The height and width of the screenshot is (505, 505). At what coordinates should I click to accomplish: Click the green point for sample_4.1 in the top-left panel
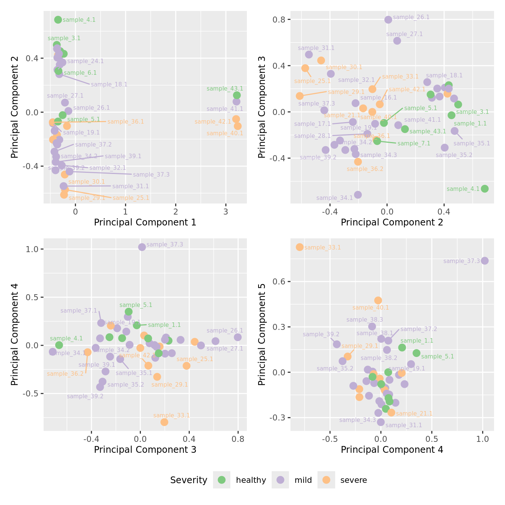coord(58,20)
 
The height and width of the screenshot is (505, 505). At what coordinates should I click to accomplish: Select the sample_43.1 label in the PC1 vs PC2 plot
coord(225,89)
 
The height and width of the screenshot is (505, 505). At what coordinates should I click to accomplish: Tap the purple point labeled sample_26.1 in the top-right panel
coord(388,20)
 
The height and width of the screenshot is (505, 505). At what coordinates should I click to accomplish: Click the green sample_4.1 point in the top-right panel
coord(485,189)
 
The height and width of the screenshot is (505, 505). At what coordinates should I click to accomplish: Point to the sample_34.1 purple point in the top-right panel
coord(358,195)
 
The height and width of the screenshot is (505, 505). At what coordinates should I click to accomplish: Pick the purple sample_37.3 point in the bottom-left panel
coord(142,247)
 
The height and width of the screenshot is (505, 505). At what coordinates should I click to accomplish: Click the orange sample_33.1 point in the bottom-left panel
coord(164,422)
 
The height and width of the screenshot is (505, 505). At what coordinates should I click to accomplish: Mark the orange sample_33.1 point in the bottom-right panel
coord(299,247)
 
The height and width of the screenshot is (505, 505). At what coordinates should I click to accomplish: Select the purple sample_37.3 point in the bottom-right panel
coord(485,261)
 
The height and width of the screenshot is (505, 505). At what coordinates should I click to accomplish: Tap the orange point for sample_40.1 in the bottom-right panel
coord(378,300)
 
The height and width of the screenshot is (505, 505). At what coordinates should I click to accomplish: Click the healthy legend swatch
coord(222,480)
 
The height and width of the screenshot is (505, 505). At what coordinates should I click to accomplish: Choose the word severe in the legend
coord(353,480)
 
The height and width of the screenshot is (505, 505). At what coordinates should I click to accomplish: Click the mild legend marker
coord(280,480)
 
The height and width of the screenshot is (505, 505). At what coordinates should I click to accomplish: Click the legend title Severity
coord(189,480)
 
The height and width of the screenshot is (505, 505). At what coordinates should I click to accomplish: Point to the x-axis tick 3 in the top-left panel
coord(225,211)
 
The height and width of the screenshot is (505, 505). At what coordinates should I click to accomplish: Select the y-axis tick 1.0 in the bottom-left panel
coord(32,249)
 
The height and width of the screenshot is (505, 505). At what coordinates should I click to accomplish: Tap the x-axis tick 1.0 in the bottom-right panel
coord(482,438)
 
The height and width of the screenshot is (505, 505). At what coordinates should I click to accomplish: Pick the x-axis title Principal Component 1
coord(145,222)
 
